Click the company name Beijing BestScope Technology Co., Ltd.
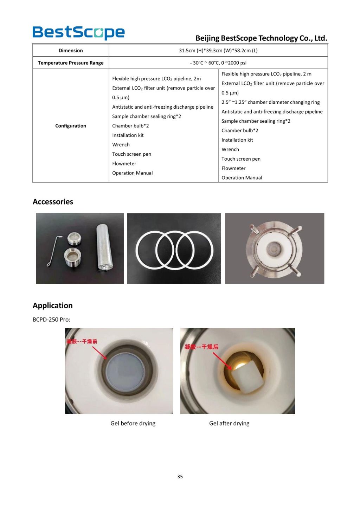[x=261, y=38]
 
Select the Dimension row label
[x=71, y=51]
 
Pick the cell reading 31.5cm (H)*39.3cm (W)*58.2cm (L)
[x=218, y=51]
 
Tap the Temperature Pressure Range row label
[x=71, y=63]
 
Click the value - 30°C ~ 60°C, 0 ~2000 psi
[x=218, y=63]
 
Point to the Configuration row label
[x=71, y=126]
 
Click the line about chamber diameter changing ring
[x=270, y=102]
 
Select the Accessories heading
[x=53, y=202]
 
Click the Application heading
[x=53, y=305]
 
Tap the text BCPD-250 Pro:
[x=51, y=320]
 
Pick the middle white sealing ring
[x=174, y=250]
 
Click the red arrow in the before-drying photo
[x=100, y=353]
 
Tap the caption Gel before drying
[x=133, y=423]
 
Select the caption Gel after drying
[x=229, y=423]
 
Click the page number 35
[x=180, y=477]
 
